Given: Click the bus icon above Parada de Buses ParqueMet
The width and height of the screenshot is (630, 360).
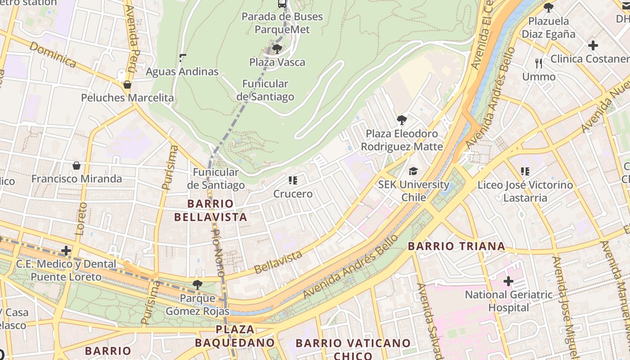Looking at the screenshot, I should pyautogui.click(x=282, y=4).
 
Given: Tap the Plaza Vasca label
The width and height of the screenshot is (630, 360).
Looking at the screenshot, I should pyautogui.click(x=277, y=62).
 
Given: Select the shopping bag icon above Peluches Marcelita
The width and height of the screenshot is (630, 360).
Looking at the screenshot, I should pyautogui.click(x=127, y=85).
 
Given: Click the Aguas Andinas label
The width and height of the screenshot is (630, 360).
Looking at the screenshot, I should pyautogui.click(x=182, y=72).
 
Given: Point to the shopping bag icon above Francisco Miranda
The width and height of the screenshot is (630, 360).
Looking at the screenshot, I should pyautogui.click(x=76, y=166).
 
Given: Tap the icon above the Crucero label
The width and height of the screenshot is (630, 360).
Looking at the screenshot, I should pyautogui.click(x=293, y=181).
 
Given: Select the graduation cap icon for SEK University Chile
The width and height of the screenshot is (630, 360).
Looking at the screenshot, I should pyautogui.click(x=413, y=171).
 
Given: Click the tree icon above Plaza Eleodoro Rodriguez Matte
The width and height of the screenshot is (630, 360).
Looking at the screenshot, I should pyautogui.click(x=402, y=120).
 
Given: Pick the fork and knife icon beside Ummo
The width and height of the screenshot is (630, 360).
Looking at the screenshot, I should pyautogui.click(x=539, y=63).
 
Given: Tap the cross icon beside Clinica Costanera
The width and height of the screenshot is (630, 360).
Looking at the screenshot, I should pyautogui.click(x=593, y=45).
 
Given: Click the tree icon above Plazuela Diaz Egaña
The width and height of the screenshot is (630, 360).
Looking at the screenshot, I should pyautogui.click(x=548, y=8).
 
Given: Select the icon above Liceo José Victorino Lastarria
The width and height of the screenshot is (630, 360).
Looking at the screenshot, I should pyautogui.click(x=525, y=171).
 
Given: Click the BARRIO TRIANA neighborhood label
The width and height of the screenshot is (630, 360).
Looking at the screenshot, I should pyautogui.click(x=456, y=246).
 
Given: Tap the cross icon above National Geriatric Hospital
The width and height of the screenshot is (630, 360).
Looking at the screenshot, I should pyautogui.click(x=508, y=282).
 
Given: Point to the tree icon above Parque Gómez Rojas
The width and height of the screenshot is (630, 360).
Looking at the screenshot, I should pyautogui.click(x=197, y=284).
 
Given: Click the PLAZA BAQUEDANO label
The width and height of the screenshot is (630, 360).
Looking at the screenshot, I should pyautogui.click(x=235, y=336).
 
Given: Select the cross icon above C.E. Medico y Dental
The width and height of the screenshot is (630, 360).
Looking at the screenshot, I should pyautogui.click(x=66, y=251).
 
